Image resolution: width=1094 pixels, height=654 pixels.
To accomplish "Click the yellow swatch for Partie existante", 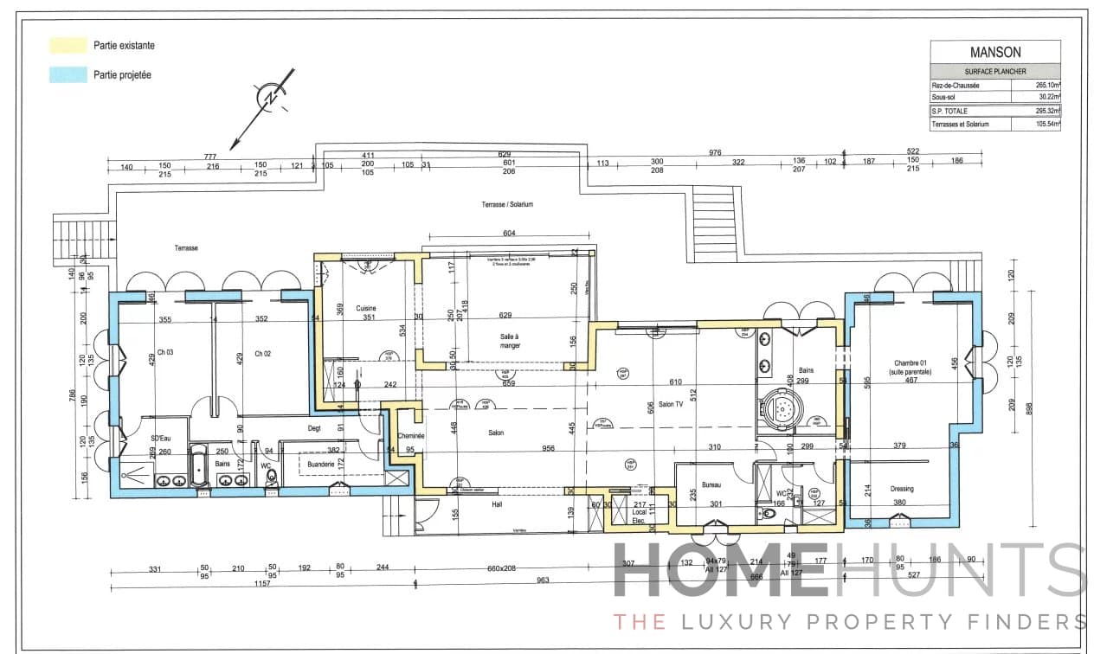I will click(68, 45).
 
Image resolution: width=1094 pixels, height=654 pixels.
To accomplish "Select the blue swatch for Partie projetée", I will click(68, 75).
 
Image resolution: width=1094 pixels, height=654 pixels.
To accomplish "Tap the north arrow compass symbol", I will click(270, 99).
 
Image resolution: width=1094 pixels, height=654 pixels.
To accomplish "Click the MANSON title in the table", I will click(994, 51).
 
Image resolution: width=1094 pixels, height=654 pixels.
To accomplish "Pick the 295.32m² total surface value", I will click(1047, 111).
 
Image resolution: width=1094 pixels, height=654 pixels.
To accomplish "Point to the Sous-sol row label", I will click(945, 98).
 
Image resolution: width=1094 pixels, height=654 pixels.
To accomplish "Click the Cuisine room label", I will click(365, 306).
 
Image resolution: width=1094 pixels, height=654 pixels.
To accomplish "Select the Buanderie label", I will click(321, 465).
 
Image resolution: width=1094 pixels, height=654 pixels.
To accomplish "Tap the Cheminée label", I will click(410, 436).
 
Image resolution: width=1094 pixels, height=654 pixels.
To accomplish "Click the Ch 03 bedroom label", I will click(165, 353).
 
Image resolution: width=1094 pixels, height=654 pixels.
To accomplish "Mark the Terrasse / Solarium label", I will click(507, 205).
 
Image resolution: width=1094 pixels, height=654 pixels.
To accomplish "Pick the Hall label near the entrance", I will click(496, 503).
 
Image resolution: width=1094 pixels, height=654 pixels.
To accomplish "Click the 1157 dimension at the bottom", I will click(262, 583).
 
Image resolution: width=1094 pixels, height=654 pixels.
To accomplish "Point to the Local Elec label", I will click(640, 516).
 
